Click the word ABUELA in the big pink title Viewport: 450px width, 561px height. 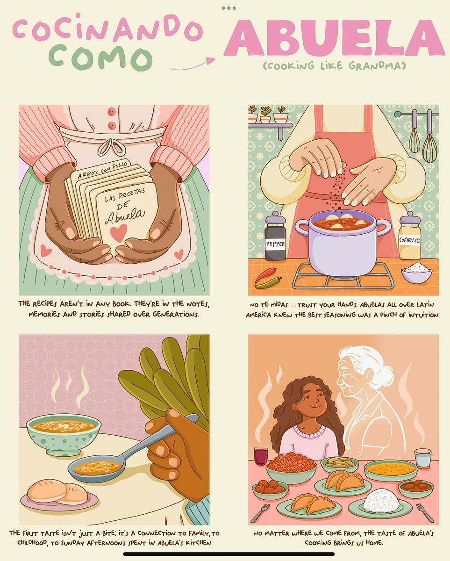[x=334, y=37]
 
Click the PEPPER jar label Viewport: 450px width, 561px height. [x=275, y=244]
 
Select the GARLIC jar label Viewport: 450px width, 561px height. [x=410, y=239]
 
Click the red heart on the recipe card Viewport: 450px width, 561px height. [x=118, y=233]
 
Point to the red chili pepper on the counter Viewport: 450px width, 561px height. [x=265, y=274]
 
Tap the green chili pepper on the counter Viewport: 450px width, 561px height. [x=268, y=282]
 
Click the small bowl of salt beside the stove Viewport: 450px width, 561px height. [x=416, y=272]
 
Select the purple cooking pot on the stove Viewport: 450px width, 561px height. [x=343, y=243]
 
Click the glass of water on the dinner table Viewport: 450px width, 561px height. [x=422, y=459]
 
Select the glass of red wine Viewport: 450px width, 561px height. [x=261, y=456]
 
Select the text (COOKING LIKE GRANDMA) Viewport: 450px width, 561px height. [x=334, y=66]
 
